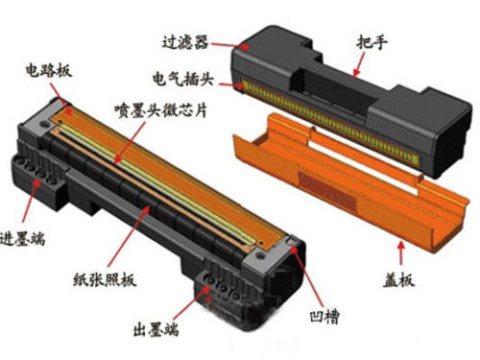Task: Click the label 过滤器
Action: click(185, 42)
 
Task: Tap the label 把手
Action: click(372, 42)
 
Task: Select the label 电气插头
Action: click(182, 78)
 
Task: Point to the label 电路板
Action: click(49, 70)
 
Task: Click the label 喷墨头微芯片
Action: click(161, 110)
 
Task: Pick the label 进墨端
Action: click(22, 238)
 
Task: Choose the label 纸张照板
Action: click(105, 280)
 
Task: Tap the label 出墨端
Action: click(156, 329)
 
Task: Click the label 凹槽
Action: click(324, 317)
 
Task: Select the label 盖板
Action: click(398, 280)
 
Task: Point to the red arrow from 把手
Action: click(359, 64)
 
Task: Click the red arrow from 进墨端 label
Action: click(30, 200)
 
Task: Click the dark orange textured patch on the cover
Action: click(327, 190)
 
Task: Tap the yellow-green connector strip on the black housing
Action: click(329, 121)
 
